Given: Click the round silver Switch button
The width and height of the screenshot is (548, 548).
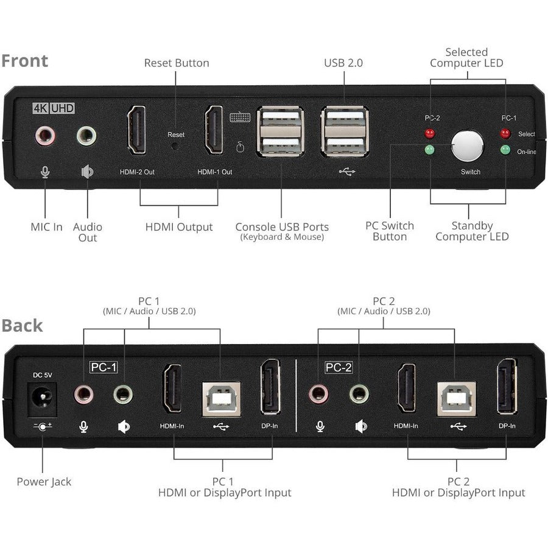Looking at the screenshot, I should tap(467, 145).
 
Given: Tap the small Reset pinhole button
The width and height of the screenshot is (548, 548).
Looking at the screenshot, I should tap(176, 146).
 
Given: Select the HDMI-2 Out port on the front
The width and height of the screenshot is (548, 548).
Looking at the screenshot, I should tap(136, 130).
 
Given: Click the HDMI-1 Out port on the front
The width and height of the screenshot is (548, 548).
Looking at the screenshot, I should tap(214, 130).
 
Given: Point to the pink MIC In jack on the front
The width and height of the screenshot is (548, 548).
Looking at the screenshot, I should tap(45, 135).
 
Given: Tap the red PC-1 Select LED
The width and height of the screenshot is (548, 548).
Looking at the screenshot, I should tap(504, 133).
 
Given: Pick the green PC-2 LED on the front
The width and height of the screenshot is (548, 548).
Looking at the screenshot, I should tap(430, 149).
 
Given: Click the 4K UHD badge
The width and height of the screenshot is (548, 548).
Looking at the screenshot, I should tap(54, 110).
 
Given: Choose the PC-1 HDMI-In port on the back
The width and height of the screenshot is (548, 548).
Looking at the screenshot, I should tap(172, 388).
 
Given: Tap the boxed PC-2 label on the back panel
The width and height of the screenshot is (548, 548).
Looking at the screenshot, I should tap(339, 368).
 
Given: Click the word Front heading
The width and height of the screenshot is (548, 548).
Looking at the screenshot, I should tap(24, 61).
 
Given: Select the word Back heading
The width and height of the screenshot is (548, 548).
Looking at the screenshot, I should tap(23, 325).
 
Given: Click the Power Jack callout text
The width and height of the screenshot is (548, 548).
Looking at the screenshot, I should tap(44, 482).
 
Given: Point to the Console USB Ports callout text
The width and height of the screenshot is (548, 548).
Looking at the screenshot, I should tap(282, 227).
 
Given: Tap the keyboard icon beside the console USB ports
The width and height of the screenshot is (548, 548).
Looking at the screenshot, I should tap(239, 118).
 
